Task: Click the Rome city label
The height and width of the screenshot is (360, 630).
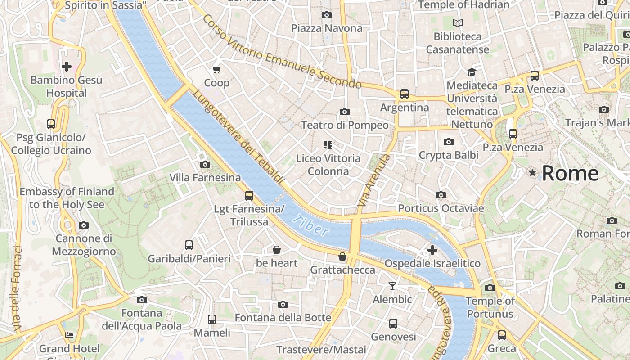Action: click(x=570, y=173)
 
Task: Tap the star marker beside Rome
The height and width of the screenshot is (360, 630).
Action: click(x=533, y=172)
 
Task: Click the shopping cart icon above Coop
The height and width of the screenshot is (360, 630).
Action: click(x=217, y=69)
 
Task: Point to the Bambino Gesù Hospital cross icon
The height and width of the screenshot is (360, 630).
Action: click(x=67, y=67)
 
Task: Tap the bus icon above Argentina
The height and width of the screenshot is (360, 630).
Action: click(x=405, y=94)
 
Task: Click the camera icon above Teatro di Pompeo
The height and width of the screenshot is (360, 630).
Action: click(x=345, y=112)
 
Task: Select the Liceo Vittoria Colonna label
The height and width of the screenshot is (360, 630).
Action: click(x=328, y=165)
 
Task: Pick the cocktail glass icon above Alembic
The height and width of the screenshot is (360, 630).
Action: click(x=392, y=286)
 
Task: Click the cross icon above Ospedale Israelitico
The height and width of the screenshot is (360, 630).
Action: click(x=432, y=250)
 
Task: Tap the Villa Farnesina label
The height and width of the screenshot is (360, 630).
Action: click(x=205, y=178)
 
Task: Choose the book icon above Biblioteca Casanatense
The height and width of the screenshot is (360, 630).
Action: click(x=458, y=23)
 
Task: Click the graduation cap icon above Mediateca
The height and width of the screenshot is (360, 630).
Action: click(x=472, y=72)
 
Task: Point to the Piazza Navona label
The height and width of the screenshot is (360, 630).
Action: click(x=327, y=28)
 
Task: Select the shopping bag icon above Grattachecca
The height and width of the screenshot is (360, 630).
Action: click(x=342, y=256)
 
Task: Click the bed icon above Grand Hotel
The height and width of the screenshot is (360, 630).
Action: click(x=69, y=335)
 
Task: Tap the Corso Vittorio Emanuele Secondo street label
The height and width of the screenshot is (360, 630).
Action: click(x=282, y=52)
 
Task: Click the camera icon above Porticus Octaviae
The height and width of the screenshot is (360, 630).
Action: click(x=441, y=195)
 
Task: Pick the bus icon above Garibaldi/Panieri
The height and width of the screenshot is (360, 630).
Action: click(x=189, y=245)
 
